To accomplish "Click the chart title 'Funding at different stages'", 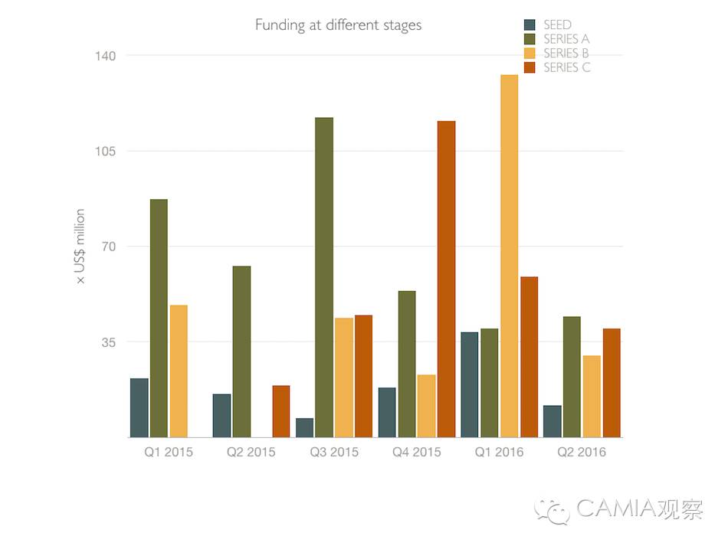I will [338, 25].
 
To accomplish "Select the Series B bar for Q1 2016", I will [510, 256].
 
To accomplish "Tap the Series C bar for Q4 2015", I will [446, 279].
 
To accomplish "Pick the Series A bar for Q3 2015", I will [324, 277].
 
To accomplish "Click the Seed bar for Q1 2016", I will [470, 384].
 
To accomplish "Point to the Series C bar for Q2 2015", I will [281, 411].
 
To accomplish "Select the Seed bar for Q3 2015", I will [304, 427].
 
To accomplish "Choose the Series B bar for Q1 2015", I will [179, 371].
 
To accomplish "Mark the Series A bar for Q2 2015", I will [241, 351].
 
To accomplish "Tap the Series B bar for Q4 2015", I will [426, 406].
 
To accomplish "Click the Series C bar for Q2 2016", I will [612, 383].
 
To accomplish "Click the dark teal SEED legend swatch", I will [530, 25].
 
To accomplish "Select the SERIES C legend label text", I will [567, 67].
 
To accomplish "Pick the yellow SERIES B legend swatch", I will [530, 54].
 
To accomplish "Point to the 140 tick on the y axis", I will [106, 55].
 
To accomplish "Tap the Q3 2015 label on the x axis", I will [334, 452].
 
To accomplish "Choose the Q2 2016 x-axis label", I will [582, 452].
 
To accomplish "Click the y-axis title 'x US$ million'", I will [80, 247].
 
